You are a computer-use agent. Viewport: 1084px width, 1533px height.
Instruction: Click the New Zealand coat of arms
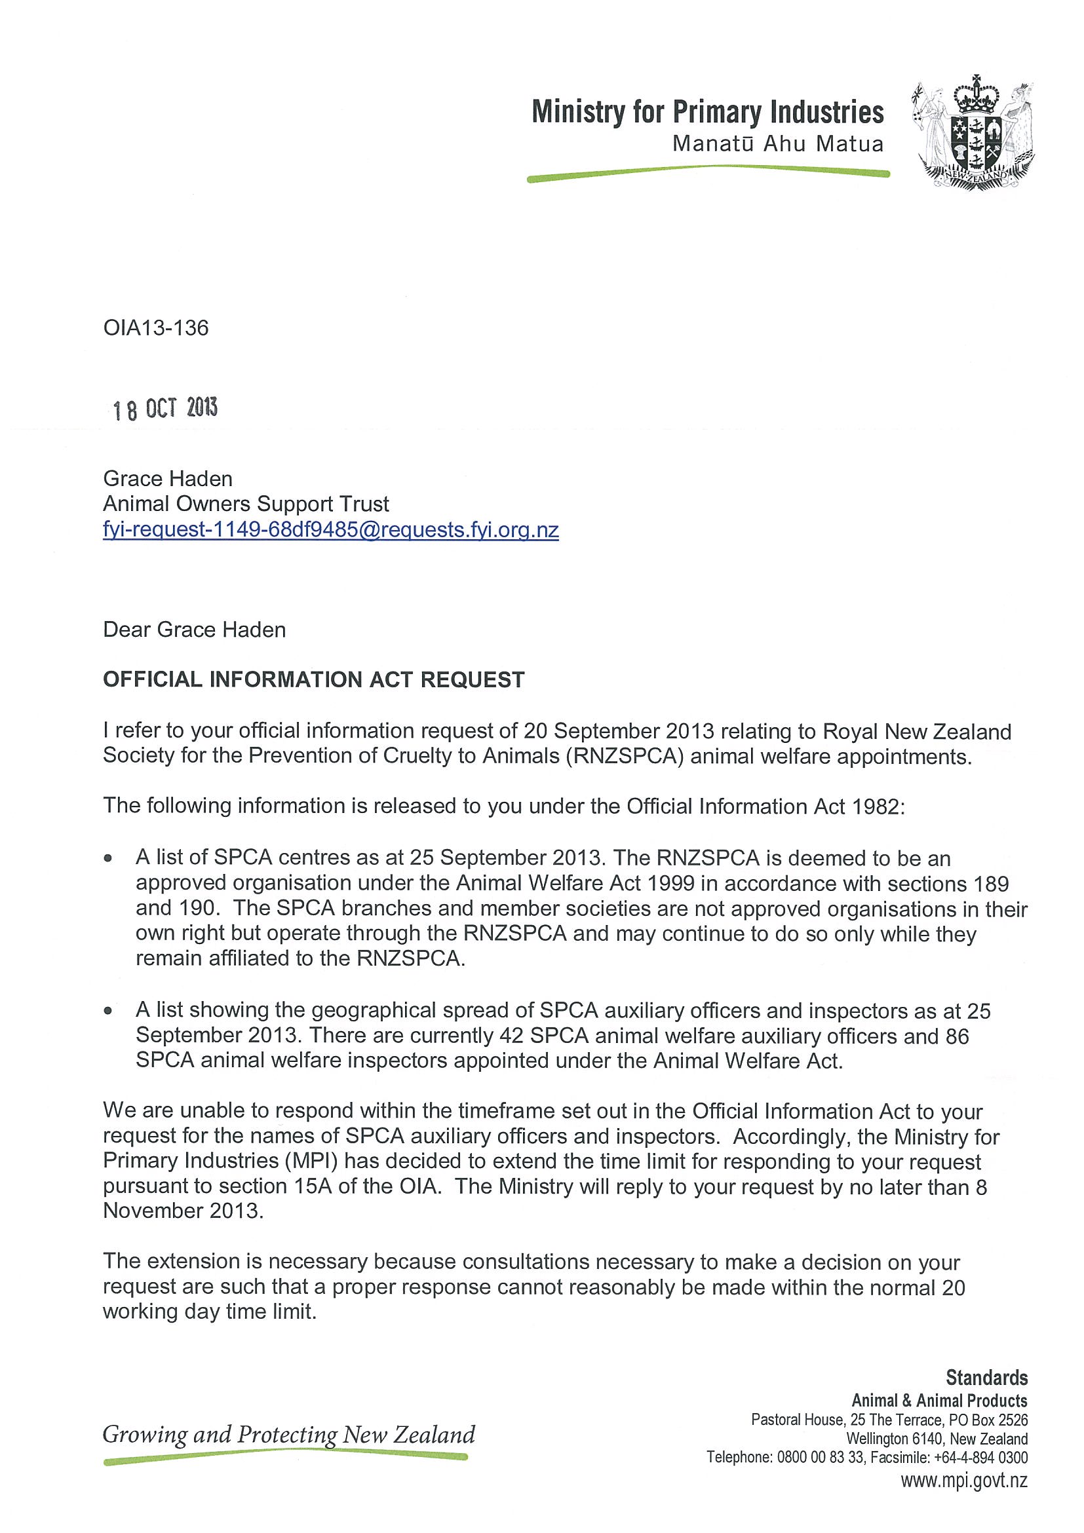pos(972,134)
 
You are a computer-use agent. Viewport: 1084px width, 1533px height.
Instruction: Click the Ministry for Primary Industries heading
pos(707,112)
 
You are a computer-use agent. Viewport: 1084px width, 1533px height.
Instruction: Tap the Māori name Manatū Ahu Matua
pos(777,144)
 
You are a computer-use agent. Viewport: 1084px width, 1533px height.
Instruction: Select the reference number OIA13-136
pos(155,328)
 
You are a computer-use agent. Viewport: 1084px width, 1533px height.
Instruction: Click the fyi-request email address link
pos(330,529)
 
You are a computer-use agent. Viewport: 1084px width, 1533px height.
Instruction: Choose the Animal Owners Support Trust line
pos(246,504)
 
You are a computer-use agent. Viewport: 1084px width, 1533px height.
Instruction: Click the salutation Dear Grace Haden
pos(195,630)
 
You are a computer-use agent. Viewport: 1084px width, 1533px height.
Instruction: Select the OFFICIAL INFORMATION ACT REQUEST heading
pos(314,680)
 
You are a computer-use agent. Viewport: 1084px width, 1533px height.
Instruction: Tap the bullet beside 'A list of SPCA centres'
pos(108,859)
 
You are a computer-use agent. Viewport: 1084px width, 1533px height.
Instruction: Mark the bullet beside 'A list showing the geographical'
pos(108,1011)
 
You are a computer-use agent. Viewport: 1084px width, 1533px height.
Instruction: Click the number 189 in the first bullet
pos(991,884)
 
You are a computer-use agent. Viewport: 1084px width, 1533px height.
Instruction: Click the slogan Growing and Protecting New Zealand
pos(288,1435)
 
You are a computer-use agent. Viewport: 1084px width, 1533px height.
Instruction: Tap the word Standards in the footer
pos(986,1378)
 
